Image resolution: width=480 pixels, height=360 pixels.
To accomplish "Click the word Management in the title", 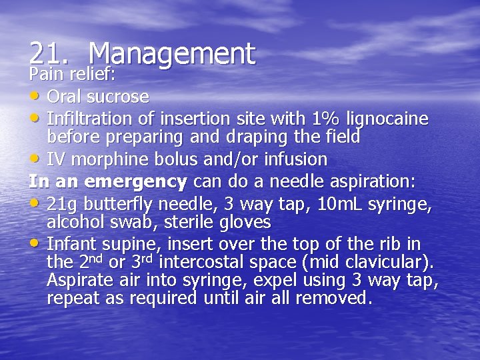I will coord(171,53).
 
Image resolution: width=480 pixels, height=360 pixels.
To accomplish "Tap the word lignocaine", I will coord(389,119).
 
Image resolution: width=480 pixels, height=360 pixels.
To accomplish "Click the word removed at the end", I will coord(331,297).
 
